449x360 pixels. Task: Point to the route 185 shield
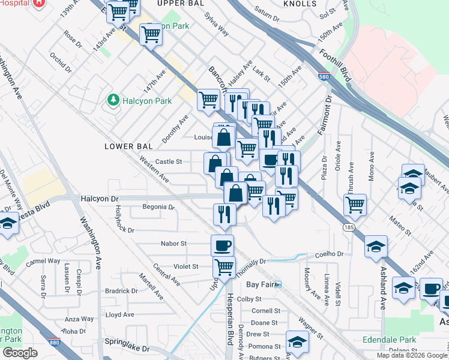coord(349,227)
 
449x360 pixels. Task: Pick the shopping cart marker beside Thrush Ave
coord(355,204)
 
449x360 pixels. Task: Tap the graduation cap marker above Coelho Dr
coord(376,246)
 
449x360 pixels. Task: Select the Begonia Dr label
coord(158,208)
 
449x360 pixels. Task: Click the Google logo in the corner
coord(20,353)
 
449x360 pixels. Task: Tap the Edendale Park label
coord(389,340)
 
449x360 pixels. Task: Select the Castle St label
coord(169,161)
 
